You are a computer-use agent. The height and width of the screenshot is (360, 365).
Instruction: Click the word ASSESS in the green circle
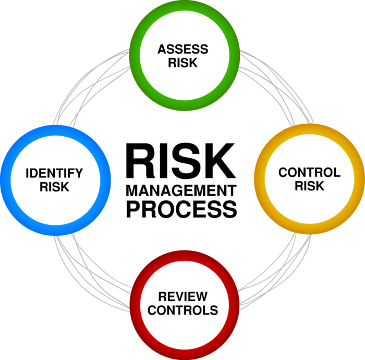click(x=183, y=49)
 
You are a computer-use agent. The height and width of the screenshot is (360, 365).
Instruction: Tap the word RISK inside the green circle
click(x=183, y=63)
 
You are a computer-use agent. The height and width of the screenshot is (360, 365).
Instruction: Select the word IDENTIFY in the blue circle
click(x=54, y=173)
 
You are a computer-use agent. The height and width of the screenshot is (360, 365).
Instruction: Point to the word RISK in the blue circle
click(x=54, y=187)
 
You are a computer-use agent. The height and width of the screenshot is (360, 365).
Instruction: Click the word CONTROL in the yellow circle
click(x=309, y=172)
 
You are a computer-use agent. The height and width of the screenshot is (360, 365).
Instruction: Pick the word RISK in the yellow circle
click(x=310, y=186)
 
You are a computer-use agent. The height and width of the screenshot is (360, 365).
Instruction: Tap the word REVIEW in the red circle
click(x=182, y=297)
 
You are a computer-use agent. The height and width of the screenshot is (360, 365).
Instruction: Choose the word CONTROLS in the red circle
click(x=182, y=310)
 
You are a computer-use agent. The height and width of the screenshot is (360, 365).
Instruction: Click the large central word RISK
click(x=180, y=161)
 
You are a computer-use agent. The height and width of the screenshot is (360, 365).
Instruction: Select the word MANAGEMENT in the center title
click(x=181, y=191)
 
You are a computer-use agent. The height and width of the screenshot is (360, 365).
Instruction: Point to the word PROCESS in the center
click(x=181, y=209)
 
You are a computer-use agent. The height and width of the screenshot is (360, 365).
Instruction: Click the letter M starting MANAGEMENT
click(x=132, y=191)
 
